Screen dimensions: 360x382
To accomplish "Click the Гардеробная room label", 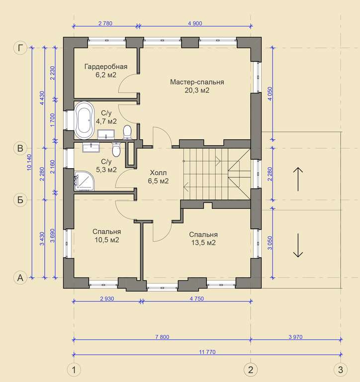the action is coord(106,67).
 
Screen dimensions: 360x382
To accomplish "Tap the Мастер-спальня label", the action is coord(197,82).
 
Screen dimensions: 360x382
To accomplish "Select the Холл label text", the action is coord(158,173).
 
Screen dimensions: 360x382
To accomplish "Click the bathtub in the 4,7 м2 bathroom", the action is coord(84,119).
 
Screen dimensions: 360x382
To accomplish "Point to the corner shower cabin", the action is coord(84,181).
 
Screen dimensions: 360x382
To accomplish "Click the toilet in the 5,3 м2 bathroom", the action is coord(116,149).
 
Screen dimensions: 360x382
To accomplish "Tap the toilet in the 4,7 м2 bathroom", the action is coord(127,132).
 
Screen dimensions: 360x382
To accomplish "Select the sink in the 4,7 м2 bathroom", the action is coord(106,134).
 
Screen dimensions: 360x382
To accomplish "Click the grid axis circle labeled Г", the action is coord(20,48).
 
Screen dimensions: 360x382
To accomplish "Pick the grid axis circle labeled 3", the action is coord(341,370).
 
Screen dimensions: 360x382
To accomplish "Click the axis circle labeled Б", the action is coord(20,200).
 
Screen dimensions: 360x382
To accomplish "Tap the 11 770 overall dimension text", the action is coord(207,352).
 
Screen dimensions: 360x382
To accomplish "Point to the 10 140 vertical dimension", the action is coord(29,162).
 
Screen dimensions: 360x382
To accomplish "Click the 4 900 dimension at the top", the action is coord(195,23).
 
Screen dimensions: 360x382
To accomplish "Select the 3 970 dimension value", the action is coord(295,337).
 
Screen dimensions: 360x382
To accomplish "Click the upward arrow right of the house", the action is coord(298,179).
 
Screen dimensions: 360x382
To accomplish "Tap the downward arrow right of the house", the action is coord(298,245).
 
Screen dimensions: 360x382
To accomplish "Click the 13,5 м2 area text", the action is coord(204,243).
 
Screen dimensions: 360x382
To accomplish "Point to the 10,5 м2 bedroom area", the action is coord(107,240).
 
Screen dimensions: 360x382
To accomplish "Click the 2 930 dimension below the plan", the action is coord(107,298).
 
